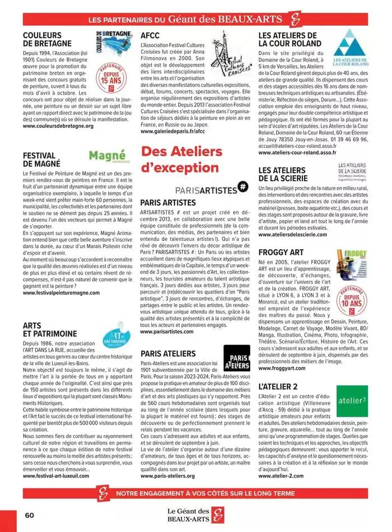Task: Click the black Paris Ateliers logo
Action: [236, 358]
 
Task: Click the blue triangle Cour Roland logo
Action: [351, 49]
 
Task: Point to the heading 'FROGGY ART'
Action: [281, 252]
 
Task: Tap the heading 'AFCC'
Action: [151, 35]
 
